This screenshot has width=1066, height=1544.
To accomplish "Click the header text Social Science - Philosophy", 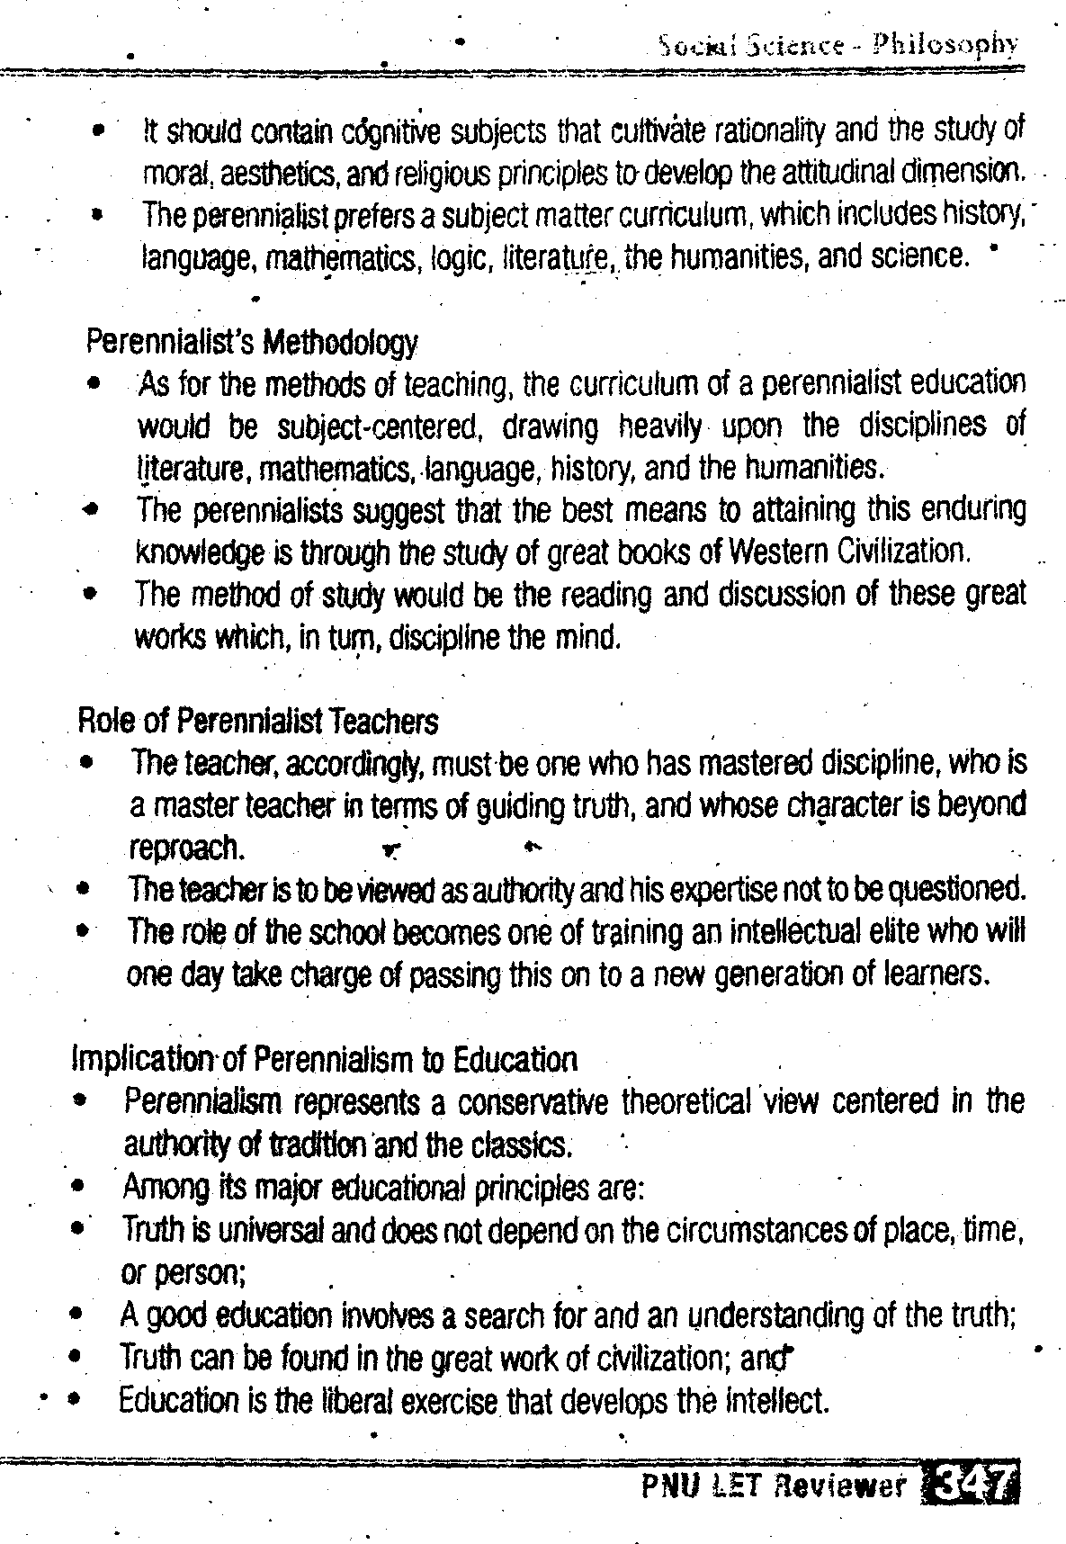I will click(838, 45).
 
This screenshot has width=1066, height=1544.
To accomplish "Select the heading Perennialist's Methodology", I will click(252, 342).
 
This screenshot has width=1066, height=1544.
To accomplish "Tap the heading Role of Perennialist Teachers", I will click(259, 721).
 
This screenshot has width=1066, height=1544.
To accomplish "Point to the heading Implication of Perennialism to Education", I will click(324, 1059).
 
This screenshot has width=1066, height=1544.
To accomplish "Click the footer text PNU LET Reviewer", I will click(774, 1486).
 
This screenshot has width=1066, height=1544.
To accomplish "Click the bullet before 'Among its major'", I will click(80, 1189).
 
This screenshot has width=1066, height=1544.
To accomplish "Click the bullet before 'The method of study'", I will click(88, 595).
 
